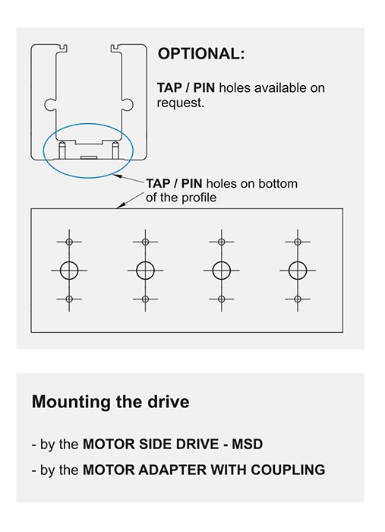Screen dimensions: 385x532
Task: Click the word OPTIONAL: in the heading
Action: (201, 54)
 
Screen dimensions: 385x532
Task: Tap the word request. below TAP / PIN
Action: (181, 103)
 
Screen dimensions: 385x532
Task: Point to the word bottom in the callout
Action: (278, 184)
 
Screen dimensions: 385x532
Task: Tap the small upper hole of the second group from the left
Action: (145, 242)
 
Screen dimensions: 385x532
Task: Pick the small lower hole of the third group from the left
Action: (221, 299)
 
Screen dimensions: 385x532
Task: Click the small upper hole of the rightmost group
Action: (298, 242)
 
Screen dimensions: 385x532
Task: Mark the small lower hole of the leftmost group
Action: (69, 299)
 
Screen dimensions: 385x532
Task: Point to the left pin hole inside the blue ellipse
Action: (62, 150)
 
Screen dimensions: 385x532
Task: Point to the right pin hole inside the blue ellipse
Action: (115, 150)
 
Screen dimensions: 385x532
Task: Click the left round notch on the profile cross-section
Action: (49, 104)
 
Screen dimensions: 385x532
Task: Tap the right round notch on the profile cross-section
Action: (128, 104)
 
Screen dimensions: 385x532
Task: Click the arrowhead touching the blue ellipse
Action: (117, 176)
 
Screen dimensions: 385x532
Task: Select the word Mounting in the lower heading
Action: (71, 402)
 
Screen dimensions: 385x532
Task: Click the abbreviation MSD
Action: (247, 444)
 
